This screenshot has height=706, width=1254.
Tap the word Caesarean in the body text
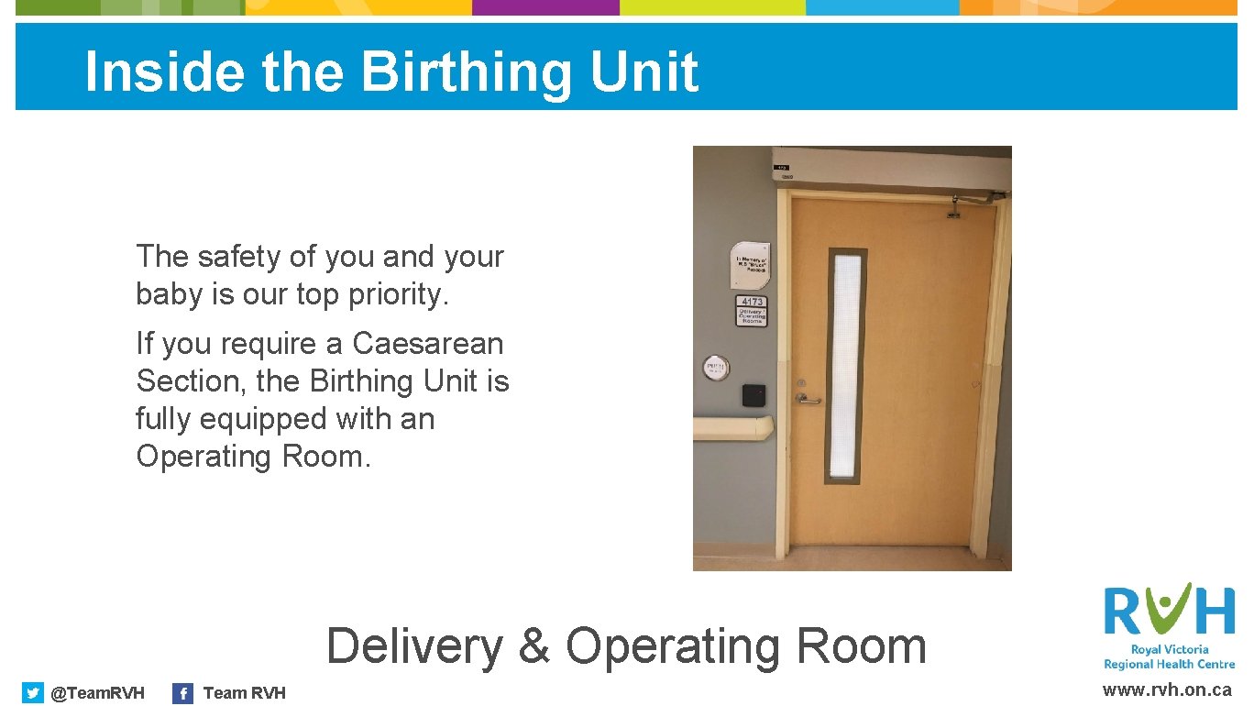428,344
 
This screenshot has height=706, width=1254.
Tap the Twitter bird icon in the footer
33,693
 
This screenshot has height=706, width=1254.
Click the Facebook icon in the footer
183,693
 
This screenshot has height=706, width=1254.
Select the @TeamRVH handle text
97,693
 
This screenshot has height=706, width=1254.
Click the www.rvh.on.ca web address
1167,690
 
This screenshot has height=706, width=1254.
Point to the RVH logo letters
1169,611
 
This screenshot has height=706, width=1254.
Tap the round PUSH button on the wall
715,369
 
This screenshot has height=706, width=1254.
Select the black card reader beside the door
753,395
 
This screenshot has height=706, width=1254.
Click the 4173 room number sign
752,302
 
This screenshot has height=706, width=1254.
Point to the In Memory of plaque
750,266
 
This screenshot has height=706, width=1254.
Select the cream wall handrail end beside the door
733,427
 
